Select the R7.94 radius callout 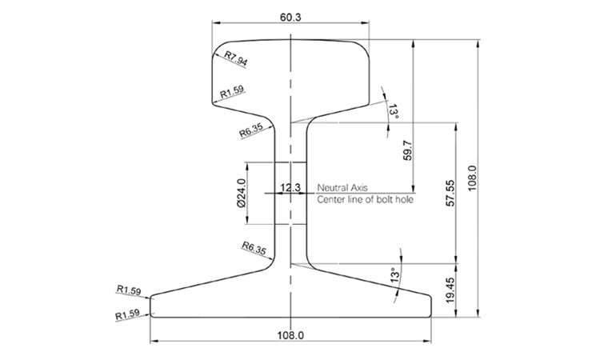[237, 58]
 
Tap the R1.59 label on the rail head [233, 93]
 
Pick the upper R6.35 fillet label [251, 130]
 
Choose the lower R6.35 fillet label [252, 249]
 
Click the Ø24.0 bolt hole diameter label [241, 194]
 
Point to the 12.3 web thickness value [290, 188]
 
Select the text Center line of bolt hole [365, 199]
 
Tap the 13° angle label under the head [393, 110]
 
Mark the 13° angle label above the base [393, 277]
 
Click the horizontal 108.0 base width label [291, 334]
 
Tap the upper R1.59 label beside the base [129, 289]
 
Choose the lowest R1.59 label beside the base [128, 314]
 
